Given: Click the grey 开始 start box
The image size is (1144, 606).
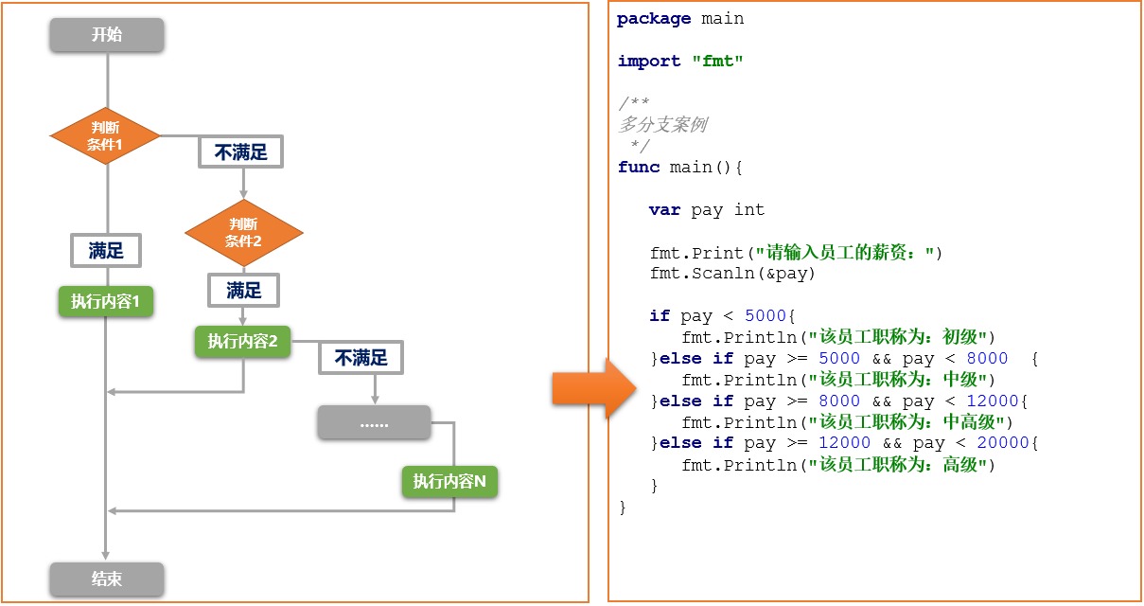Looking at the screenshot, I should click(x=107, y=35).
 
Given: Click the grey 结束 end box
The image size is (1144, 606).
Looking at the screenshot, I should click(x=107, y=579).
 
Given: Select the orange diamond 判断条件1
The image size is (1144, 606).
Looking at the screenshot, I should click(x=106, y=137).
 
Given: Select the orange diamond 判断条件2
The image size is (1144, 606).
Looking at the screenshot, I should click(x=243, y=232).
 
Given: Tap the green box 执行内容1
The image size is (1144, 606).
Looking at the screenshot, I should click(x=106, y=302).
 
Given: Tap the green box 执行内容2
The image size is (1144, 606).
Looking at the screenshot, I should click(x=243, y=342).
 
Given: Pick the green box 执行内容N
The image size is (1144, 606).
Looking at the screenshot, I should click(x=449, y=482).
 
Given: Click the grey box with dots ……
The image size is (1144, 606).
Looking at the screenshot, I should click(x=374, y=423).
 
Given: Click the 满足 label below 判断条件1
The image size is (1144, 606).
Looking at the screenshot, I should click(x=106, y=251).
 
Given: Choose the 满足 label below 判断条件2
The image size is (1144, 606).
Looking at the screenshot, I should click(x=243, y=291).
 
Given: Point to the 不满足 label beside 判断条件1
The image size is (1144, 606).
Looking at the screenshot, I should click(x=240, y=152).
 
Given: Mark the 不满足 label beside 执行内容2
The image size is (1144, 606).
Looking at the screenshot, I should click(x=361, y=358).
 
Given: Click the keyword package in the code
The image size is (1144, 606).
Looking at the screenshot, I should click(x=654, y=19).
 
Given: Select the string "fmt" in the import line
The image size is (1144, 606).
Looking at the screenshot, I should click(x=717, y=62).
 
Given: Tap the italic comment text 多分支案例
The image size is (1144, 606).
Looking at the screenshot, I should click(x=662, y=125).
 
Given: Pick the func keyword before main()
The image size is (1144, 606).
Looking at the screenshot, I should click(x=639, y=168).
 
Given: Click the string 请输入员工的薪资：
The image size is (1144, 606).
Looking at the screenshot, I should click(x=844, y=253).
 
